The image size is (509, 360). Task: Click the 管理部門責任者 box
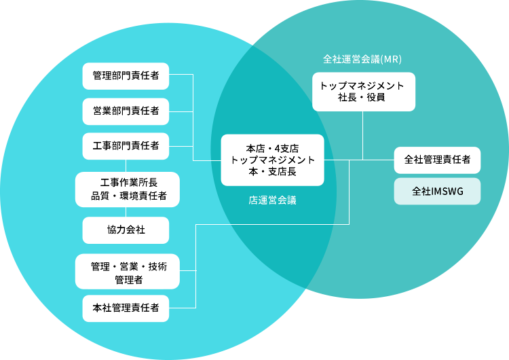tap(126, 75)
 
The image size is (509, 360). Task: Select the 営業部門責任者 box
tap(126, 111)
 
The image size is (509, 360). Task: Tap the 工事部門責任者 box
tap(126, 145)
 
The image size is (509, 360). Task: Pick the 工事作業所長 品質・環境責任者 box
tap(128, 189)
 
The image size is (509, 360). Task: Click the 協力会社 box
tap(126, 230)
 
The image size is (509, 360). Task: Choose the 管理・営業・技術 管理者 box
tap(128, 272)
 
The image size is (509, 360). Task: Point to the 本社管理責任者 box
tap(126, 308)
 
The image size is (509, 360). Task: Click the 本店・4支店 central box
tap(272, 160)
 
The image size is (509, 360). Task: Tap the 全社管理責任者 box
tap(437, 160)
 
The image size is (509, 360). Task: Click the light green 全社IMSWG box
tap(437, 192)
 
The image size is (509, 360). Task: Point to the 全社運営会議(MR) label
tap(362, 59)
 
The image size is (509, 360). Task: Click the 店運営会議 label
tap(272, 201)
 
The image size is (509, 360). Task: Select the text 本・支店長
tap(272, 173)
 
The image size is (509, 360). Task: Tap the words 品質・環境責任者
tap(129, 196)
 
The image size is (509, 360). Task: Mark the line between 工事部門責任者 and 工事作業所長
tap(126, 165)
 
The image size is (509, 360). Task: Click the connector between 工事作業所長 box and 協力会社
tap(126, 211)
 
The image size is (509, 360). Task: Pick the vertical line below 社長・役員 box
tap(362, 134)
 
